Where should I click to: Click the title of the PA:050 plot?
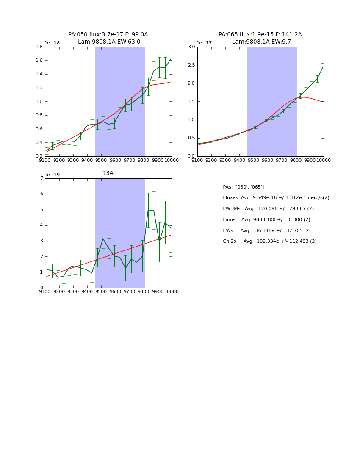click(x=108, y=38)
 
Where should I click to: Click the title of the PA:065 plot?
click(x=260, y=38)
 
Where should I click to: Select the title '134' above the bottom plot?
click(x=108, y=173)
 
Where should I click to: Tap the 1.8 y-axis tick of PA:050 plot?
click(x=38, y=47)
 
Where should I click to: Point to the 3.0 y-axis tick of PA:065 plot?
click(x=191, y=47)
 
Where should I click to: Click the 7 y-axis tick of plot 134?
click(x=41, y=178)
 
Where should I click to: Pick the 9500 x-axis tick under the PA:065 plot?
click(x=253, y=160)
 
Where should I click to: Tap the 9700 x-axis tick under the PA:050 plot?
click(x=130, y=160)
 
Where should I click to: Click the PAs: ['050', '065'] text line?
click(x=243, y=187)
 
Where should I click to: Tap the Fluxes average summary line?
click(x=276, y=198)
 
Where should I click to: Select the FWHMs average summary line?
click(x=268, y=209)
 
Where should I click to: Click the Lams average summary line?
click(x=266, y=220)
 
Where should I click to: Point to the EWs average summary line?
click(x=266, y=231)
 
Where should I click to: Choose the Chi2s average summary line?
click(x=269, y=241)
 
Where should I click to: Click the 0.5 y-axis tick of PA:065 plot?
click(x=191, y=138)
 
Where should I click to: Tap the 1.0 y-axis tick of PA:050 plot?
click(x=38, y=101)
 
